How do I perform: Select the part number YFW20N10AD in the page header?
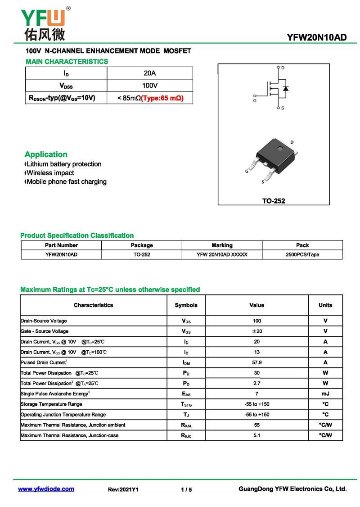click(x=317, y=37)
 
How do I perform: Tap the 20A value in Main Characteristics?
click(x=149, y=73)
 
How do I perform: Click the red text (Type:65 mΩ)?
click(x=162, y=98)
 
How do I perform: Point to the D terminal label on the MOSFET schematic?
click(x=283, y=68)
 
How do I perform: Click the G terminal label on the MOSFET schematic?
click(x=255, y=100)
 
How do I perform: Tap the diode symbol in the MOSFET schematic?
click(x=286, y=88)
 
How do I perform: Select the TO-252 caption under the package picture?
click(x=274, y=201)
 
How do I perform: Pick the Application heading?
click(x=46, y=154)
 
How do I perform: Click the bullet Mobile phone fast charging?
click(x=66, y=181)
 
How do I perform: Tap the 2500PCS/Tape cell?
click(x=302, y=254)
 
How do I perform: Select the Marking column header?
click(x=222, y=245)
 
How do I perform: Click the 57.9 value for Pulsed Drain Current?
click(x=257, y=362)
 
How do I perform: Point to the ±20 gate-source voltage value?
click(x=257, y=331)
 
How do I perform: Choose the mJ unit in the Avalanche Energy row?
click(x=325, y=394)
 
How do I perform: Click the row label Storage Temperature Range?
click(x=51, y=404)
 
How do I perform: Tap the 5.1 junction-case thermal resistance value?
click(x=257, y=435)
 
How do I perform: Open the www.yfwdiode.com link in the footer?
click(x=46, y=489)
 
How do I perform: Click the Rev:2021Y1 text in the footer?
click(x=123, y=489)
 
